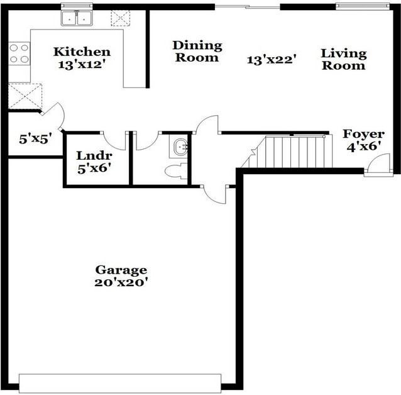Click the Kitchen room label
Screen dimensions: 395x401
click(x=82, y=52)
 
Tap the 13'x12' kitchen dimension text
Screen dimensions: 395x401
click(x=82, y=65)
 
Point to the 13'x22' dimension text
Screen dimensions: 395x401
click(x=272, y=60)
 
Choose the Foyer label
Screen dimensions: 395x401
click(x=363, y=134)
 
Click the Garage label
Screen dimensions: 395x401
click(x=121, y=270)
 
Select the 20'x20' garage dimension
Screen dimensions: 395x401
click(x=121, y=282)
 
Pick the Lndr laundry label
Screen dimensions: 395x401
click(x=94, y=155)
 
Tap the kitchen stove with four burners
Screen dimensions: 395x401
click(x=19, y=53)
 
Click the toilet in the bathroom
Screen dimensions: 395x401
click(x=175, y=169)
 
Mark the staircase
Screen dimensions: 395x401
click(x=292, y=152)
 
